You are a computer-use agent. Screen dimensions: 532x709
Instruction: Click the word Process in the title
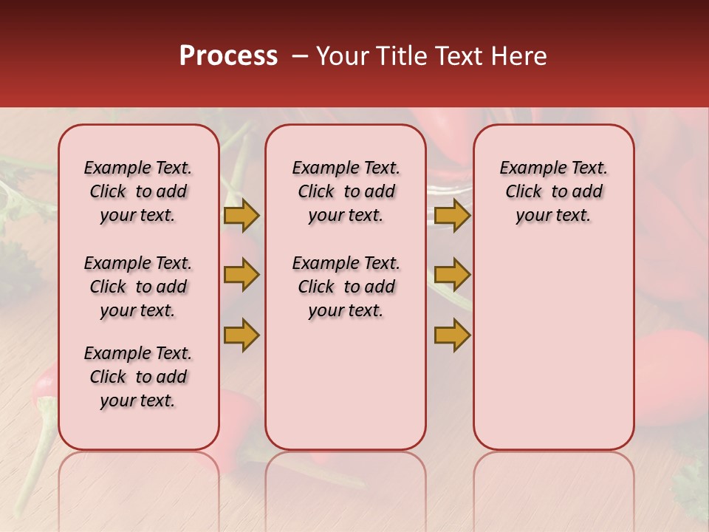point(227,56)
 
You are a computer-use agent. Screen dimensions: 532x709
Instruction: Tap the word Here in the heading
point(518,56)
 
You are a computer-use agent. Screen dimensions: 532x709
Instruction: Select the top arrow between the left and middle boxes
point(242,216)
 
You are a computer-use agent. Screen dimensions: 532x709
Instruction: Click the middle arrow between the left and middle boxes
point(242,275)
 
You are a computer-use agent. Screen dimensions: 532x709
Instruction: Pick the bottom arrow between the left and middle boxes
point(242,335)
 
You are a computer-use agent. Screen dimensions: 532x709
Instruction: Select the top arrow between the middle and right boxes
point(452,216)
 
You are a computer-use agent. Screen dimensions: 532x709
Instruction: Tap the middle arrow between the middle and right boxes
point(452,275)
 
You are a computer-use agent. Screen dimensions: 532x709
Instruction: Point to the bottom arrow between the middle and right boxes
point(452,335)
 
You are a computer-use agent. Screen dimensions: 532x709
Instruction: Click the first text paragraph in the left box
point(138,191)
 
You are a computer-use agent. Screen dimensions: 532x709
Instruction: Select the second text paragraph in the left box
point(138,287)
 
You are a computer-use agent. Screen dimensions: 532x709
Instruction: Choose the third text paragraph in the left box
point(138,377)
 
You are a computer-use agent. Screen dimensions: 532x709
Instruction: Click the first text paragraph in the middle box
point(346,191)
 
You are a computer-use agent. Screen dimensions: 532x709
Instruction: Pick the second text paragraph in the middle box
point(346,287)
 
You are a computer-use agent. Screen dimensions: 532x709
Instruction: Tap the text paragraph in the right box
point(553,191)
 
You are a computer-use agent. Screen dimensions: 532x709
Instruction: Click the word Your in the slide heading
point(337,56)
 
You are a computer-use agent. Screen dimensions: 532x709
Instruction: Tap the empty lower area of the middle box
point(346,384)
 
